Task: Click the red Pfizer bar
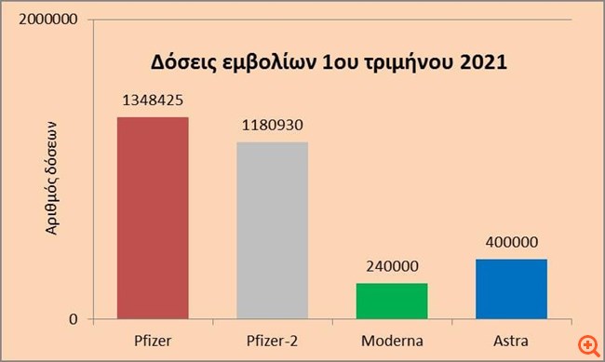coord(153,219)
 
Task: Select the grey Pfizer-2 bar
coord(272,231)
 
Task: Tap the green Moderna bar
coord(392,302)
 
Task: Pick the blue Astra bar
coord(511,289)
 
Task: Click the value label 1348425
coord(153,100)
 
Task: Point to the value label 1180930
coord(272,125)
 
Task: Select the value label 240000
coord(392,265)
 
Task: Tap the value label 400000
coord(511,242)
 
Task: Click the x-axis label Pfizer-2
coord(272,339)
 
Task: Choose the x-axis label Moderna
coord(392,339)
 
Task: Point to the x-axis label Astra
coord(511,339)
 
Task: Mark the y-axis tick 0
coord(82,320)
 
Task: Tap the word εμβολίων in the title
coord(265,65)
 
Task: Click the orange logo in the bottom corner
coord(588,344)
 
